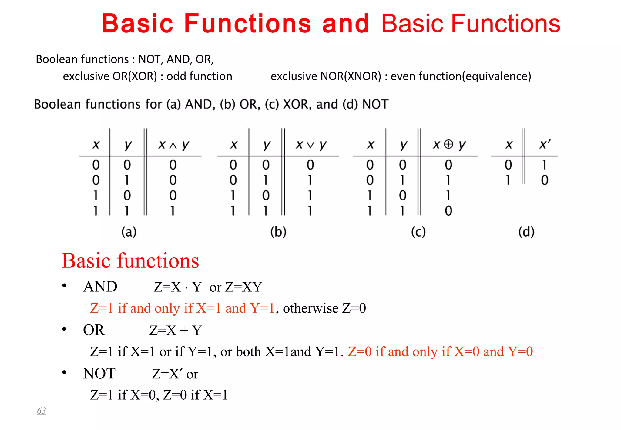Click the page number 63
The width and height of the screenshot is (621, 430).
click(x=42, y=411)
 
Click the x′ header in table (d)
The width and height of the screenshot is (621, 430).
click(x=545, y=145)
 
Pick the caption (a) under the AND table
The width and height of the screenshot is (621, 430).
click(x=129, y=232)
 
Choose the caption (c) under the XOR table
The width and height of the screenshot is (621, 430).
click(x=418, y=232)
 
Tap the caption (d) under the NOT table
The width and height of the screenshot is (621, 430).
click(x=526, y=232)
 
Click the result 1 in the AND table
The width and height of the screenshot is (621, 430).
click(x=173, y=211)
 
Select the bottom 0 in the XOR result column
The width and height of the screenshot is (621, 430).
click(x=448, y=211)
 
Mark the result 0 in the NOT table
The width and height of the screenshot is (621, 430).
click(x=545, y=180)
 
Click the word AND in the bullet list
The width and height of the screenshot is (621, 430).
click(x=100, y=287)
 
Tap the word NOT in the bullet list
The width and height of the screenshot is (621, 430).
click(x=99, y=374)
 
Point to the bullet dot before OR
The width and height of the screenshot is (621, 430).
click(x=64, y=329)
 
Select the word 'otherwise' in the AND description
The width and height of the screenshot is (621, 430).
click(x=310, y=308)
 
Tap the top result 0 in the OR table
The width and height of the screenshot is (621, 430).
click(x=310, y=165)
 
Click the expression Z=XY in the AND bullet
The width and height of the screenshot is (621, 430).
click(x=243, y=287)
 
